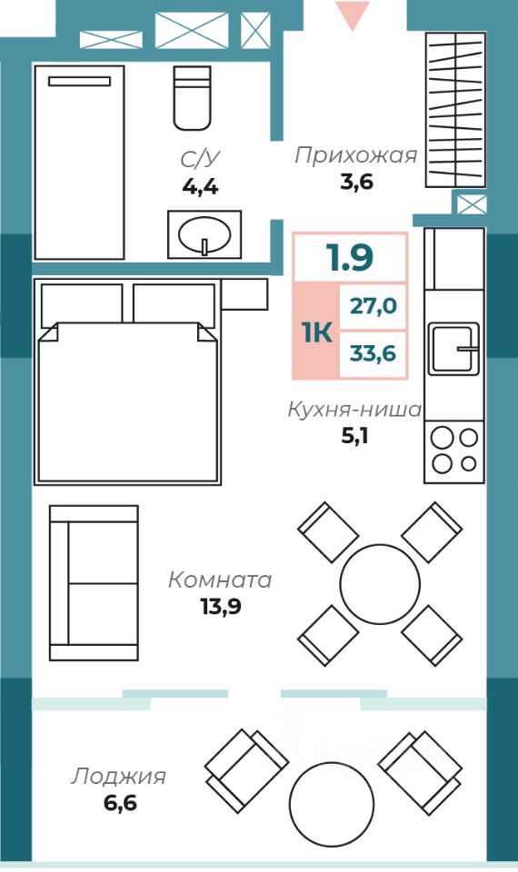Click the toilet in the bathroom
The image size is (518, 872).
click(x=192, y=98)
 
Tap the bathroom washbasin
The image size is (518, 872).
click(x=204, y=234)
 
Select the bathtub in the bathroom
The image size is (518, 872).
click(x=80, y=163)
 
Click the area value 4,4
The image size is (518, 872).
click(x=200, y=187)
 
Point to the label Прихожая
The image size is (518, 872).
click(x=355, y=155)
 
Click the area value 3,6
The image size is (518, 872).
click(x=356, y=182)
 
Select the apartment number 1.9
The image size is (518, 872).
click(x=350, y=257)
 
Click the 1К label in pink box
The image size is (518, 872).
click(x=317, y=332)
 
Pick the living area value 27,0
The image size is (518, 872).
click(x=373, y=305)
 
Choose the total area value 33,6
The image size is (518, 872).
click(x=373, y=353)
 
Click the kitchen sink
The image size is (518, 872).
click(x=453, y=349)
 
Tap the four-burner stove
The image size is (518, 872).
click(x=454, y=451)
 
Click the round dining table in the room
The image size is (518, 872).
click(x=380, y=584)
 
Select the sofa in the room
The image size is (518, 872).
click(x=94, y=583)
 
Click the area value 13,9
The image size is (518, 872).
click(x=221, y=607)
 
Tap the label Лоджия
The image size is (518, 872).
click(x=118, y=777)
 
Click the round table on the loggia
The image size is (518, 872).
click(x=332, y=804)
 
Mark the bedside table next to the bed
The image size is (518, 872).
click(x=244, y=294)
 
